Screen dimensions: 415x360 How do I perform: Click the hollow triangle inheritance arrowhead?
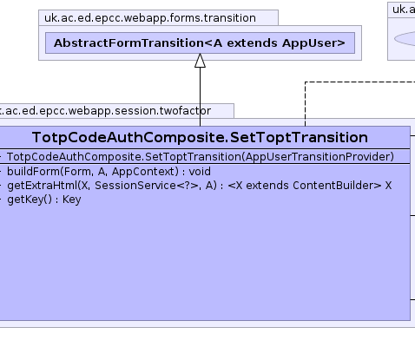[x=200, y=61]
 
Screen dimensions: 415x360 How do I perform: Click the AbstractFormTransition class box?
[x=200, y=43]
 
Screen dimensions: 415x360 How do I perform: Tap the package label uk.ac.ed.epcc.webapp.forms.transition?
[x=150, y=18]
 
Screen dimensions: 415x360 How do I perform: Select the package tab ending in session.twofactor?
[x=116, y=111]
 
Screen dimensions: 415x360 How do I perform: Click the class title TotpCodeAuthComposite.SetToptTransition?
[x=200, y=137]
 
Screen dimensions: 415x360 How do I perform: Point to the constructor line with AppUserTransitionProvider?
[x=201, y=157]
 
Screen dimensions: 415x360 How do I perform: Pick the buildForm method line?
[x=109, y=172]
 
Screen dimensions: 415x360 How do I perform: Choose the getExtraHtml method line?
[x=200, y=186]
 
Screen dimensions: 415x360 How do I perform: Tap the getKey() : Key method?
[x=44, y=200]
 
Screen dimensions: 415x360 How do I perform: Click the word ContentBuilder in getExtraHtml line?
[x=334, y=186]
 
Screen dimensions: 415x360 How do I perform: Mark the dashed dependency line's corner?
[x=305, y=82]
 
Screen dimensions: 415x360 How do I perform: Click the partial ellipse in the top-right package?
[x=405, y=39]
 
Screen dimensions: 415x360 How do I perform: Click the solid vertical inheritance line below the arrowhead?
[x=200, y=97]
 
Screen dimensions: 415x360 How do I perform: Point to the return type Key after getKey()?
[x=72, y=200]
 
